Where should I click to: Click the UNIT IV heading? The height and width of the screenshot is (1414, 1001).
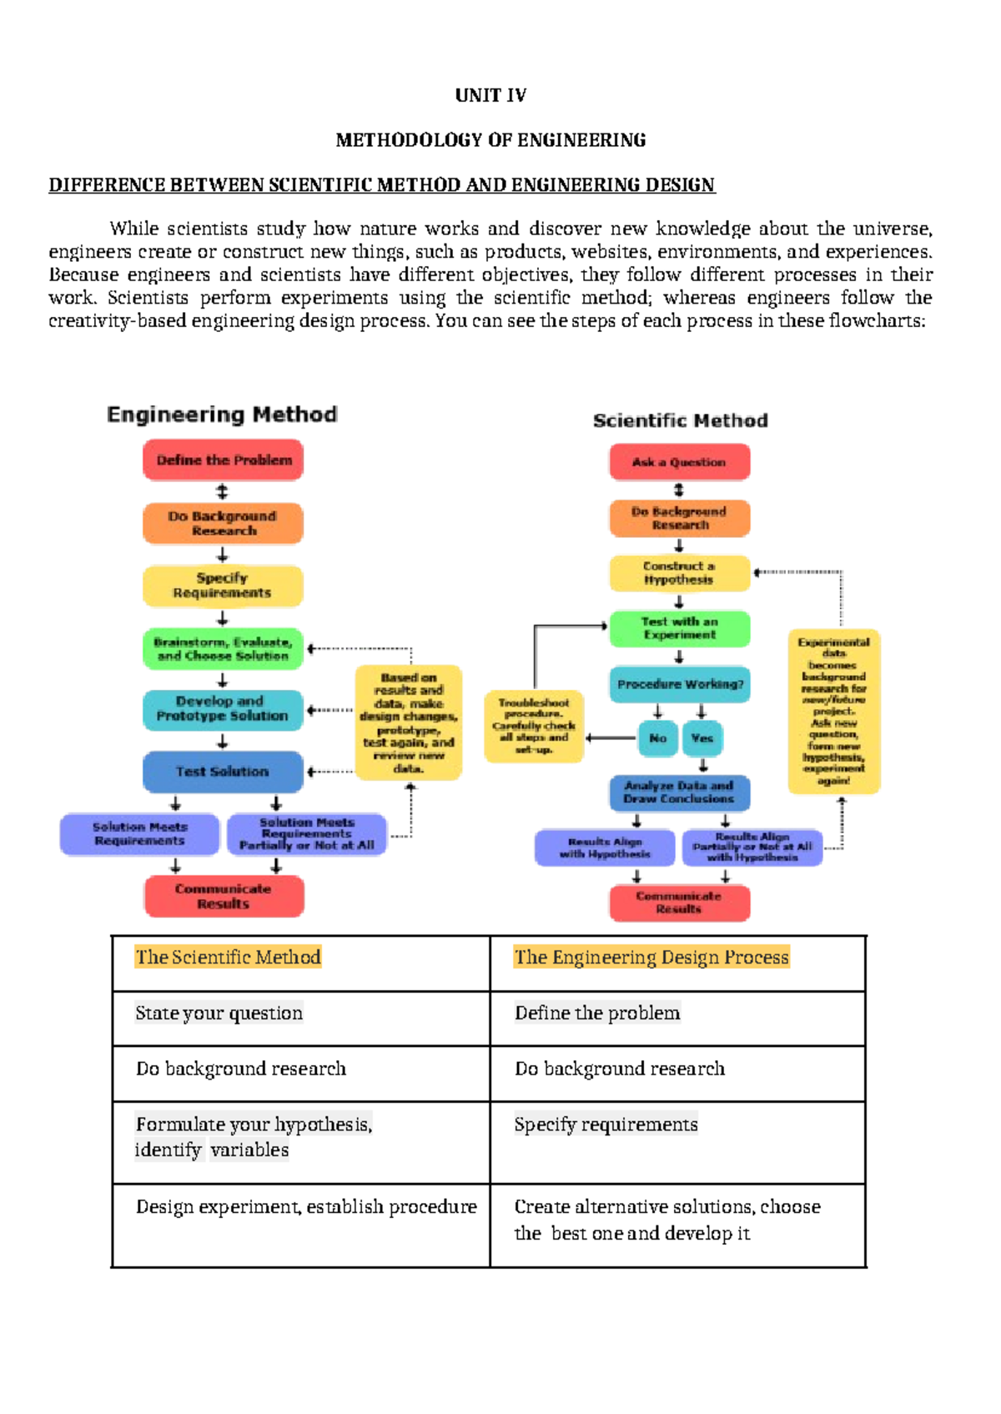coord(490,95)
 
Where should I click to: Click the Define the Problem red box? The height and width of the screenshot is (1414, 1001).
coord(224,460)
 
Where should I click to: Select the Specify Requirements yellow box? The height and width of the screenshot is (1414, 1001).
coord(223,585)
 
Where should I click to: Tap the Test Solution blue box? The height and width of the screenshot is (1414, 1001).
coord(223,772)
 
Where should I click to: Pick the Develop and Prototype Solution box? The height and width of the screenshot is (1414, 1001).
coord(223,709)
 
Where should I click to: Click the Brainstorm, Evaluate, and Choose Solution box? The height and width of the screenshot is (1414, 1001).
coord(223,649)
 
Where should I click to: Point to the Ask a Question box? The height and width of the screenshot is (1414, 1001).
coord(679,462)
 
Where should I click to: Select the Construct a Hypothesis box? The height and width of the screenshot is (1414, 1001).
coord(679,572)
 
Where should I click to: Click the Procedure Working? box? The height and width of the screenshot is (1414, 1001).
coord(680,684)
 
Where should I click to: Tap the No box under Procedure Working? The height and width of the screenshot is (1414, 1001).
coord(657,738)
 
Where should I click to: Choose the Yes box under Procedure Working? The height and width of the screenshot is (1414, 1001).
coord(702,738)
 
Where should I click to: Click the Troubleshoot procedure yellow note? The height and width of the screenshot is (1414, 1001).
coord(534,726)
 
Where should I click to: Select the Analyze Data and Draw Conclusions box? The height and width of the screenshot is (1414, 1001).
coord(679,792)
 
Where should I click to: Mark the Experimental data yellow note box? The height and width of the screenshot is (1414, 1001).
coord(834,711)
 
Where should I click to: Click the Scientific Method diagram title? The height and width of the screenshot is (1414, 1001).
coord(680,420)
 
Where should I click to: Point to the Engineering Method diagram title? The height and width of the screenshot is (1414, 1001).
coord(222,415)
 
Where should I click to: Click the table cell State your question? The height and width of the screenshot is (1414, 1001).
coord(219,1014)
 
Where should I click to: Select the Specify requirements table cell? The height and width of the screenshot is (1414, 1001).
coord(606,1125)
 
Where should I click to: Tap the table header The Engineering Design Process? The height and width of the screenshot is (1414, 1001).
coord(651,958)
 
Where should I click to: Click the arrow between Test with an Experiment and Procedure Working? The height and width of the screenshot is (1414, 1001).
coord(679,657)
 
